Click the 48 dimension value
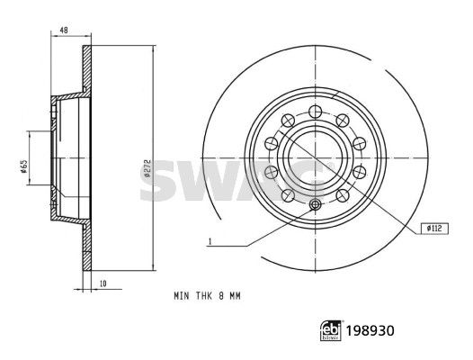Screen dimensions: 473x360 (64, 31)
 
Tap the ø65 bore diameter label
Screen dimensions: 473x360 (24, 166)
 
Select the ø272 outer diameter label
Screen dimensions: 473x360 (147, 167)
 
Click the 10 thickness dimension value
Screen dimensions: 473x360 (103, 283)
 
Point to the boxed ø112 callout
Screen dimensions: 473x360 (434, 229)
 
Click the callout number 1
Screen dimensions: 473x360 (210, 241)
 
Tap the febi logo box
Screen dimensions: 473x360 (331, 331)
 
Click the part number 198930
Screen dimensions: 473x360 (370, 331)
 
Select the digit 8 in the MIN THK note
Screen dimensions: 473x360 (221, 296)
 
